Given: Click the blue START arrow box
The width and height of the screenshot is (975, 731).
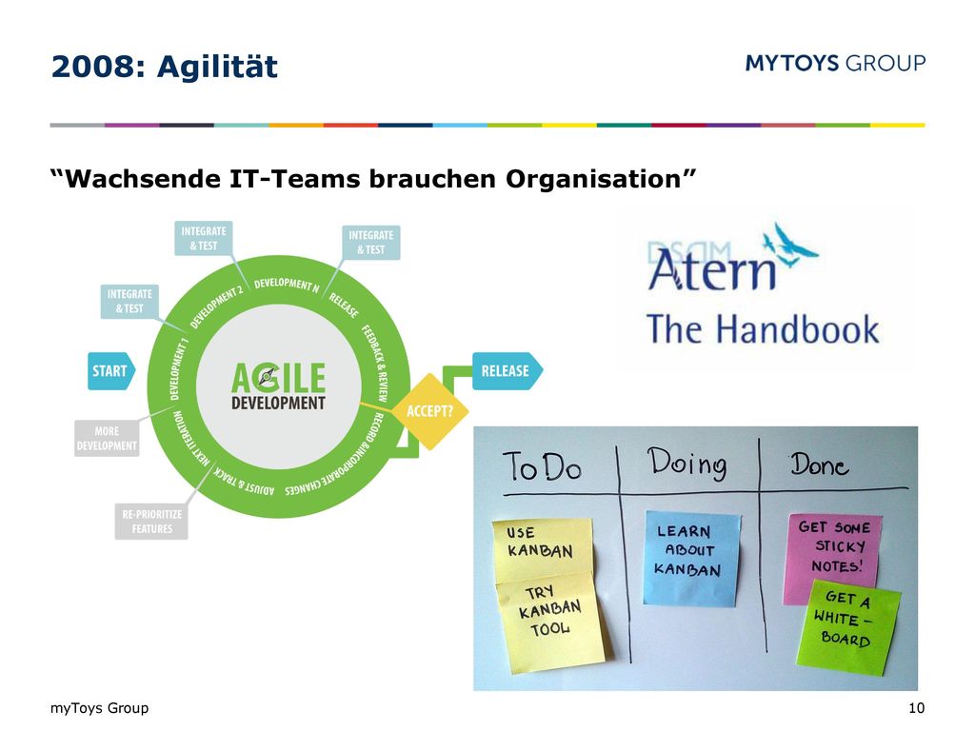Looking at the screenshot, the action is point(111,371).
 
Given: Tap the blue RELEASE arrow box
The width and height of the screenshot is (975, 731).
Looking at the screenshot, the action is point(507,371).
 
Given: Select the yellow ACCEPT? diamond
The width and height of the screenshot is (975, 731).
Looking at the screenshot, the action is point(429,411).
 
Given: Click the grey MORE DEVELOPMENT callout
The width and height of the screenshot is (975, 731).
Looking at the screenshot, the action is point(107,438).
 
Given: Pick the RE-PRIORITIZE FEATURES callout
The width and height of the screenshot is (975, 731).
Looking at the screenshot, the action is point(151,522).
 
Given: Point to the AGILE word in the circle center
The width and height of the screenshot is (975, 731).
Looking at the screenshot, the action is point(279,377).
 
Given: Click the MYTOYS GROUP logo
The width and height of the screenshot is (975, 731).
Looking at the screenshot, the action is point(835,63).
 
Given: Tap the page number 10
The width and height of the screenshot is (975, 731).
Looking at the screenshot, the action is point(916,707).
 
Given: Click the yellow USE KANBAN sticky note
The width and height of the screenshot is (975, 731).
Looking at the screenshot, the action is point(542,549).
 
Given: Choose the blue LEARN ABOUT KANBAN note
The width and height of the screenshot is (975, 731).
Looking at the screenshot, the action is point(691,558).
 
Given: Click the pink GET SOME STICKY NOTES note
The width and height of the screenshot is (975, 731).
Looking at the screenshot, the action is point(831,556).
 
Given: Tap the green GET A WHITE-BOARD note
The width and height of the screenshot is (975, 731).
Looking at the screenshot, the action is point(848,626).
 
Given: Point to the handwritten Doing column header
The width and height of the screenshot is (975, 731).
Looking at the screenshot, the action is point(687,463).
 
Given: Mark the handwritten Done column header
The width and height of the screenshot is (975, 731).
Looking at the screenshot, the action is point(820,464).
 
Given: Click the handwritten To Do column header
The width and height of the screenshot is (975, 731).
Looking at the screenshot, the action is point(542,465).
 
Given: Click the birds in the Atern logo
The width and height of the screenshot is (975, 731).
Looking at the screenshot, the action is point(790,245).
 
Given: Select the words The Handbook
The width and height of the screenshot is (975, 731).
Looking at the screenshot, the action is point(763,328).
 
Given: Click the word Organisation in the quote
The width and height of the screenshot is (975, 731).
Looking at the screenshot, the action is point(592,179).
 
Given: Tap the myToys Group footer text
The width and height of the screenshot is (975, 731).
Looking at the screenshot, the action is point(99,708).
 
